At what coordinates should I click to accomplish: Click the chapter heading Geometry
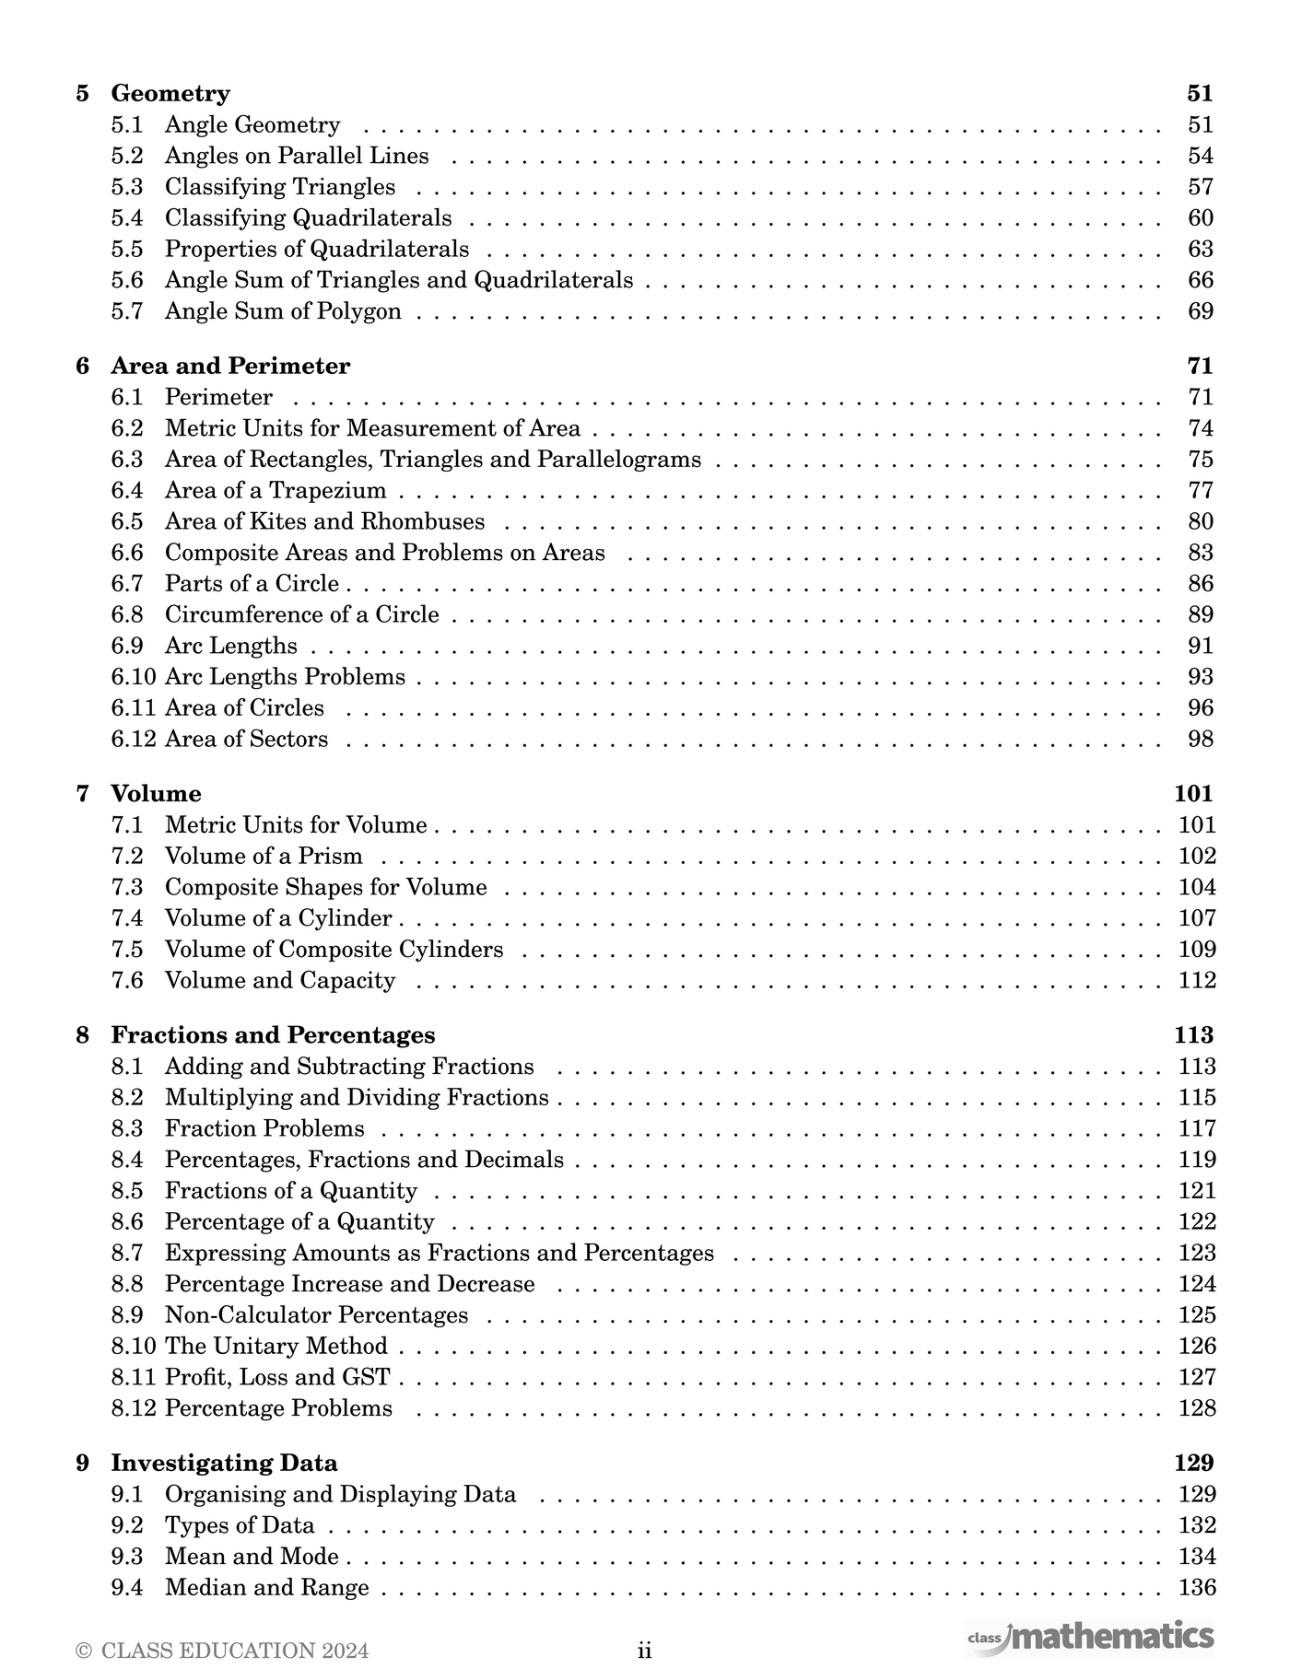tap(170, 93)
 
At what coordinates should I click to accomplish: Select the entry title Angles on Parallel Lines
tap(297, 156)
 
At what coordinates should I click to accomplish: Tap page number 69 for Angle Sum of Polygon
tap(1201, 311)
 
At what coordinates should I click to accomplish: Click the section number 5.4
tap(127, 218)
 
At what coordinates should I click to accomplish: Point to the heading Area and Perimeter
tap(230, 366)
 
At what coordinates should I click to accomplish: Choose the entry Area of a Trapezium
tap(276, 491)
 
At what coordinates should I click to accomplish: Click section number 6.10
tap(134, 677)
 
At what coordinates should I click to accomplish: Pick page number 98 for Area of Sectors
tap(1201, 739)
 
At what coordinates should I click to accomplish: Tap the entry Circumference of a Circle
tap(302, 614)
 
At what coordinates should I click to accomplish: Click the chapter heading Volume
tap(156, 793)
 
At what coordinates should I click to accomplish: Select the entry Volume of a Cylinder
tap(278, 918)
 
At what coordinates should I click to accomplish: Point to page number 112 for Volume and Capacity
tap(1197, 980)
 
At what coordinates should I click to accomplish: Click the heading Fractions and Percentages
tap(273, 1034)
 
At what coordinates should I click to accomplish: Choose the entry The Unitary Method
tap(276, 1346)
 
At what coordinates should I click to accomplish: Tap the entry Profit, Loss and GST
tap(277, 1377)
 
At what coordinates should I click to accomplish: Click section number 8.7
tap(127, 1253)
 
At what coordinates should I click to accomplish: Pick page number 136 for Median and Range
tap(1197, 1587)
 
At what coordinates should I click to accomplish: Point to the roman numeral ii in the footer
tap(645, 1650)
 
